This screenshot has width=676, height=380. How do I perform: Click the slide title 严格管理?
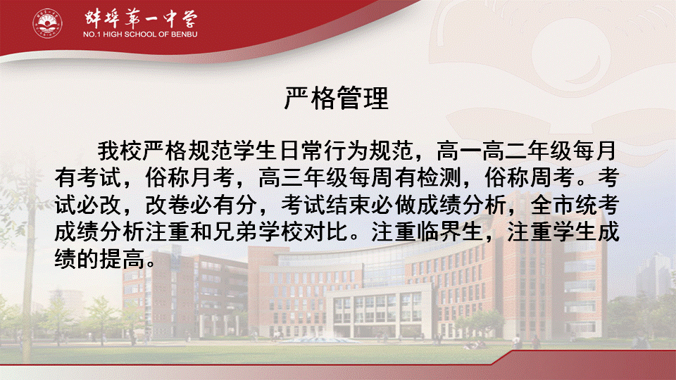(337, 98)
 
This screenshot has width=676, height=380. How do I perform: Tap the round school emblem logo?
(47, 23)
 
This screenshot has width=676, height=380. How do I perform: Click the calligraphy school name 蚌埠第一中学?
(141, 18)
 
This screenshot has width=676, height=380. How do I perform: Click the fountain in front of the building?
(320, 339)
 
